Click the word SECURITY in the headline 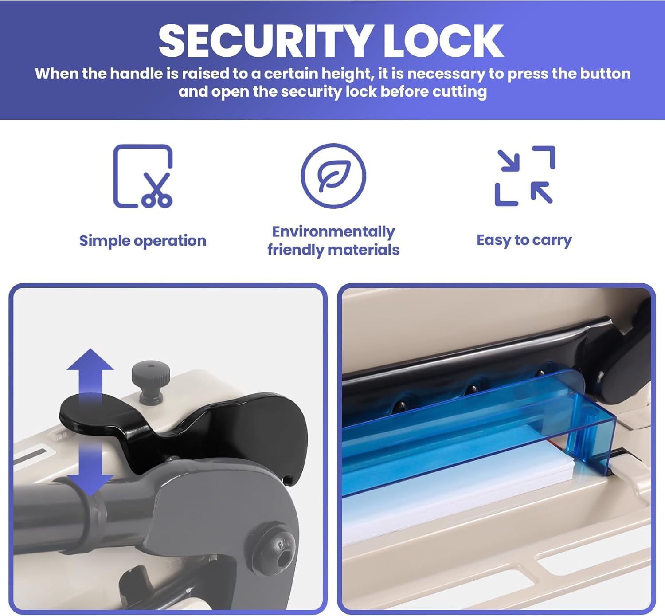266,41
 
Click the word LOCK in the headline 443,41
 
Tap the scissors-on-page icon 143,176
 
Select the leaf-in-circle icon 333,176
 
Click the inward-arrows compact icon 525,176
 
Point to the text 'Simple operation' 143,241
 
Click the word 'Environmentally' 333,232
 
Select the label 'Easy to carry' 524,240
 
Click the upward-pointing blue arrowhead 90,360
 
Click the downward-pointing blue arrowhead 90,485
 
